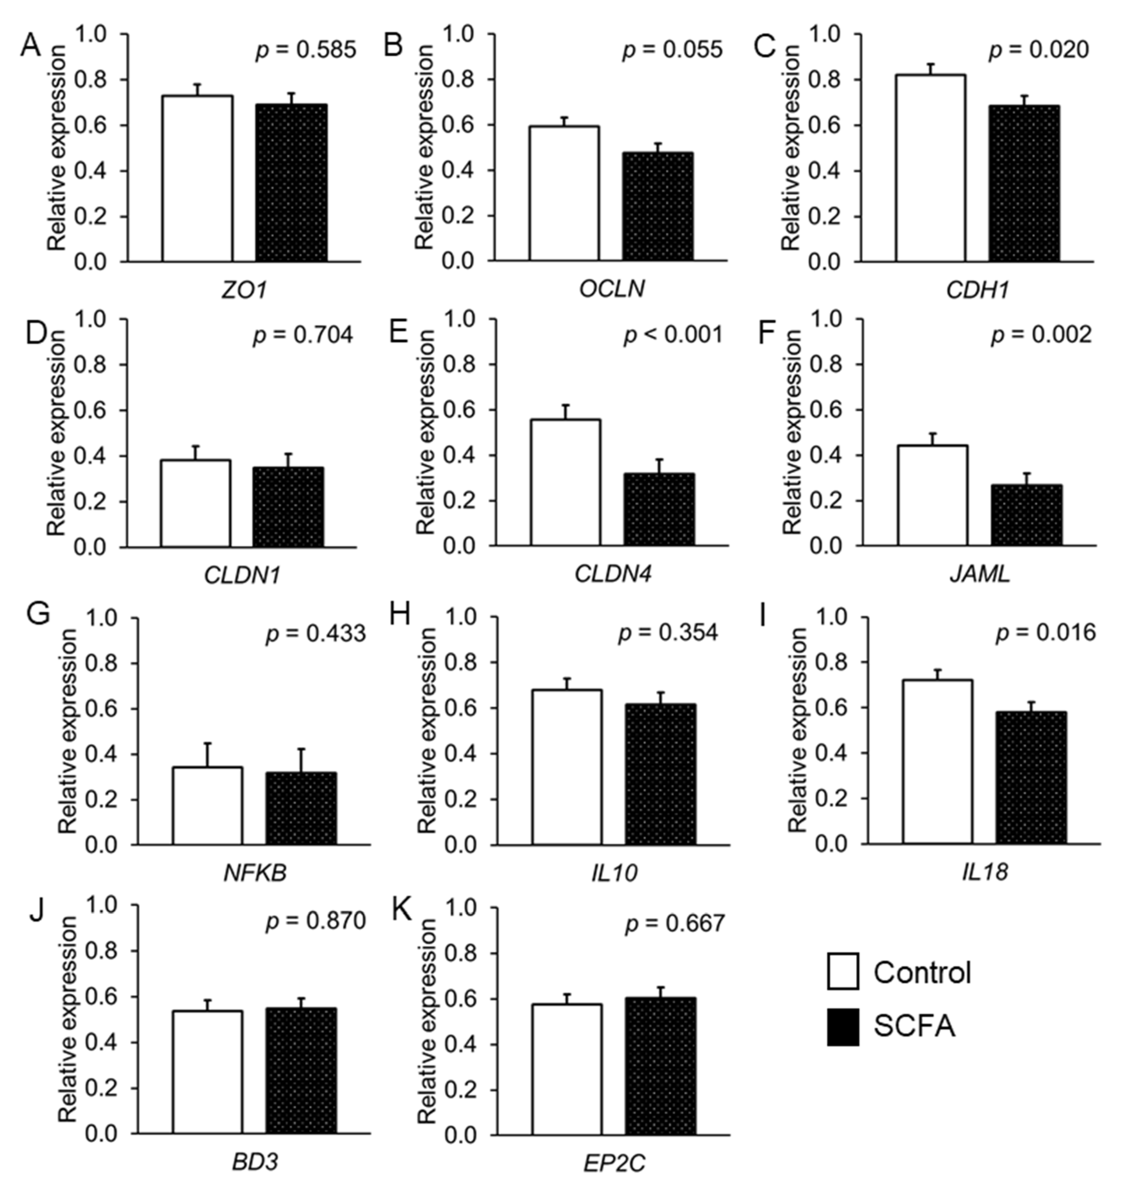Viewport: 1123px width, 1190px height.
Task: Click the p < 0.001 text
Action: [x=672, y=335]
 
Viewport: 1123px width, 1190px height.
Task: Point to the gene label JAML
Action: [x=979, y=575]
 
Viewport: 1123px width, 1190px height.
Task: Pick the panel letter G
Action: [x=38, y=615]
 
